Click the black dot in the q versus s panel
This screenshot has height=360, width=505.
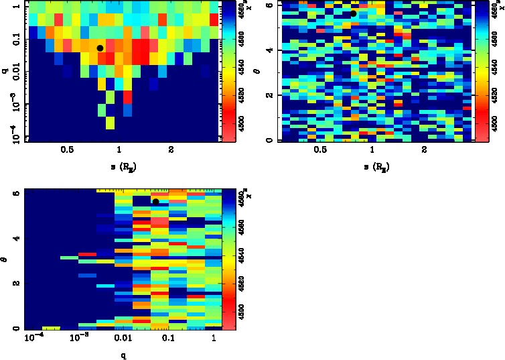click(100, 48)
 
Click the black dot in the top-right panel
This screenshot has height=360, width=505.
click(353, 13)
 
